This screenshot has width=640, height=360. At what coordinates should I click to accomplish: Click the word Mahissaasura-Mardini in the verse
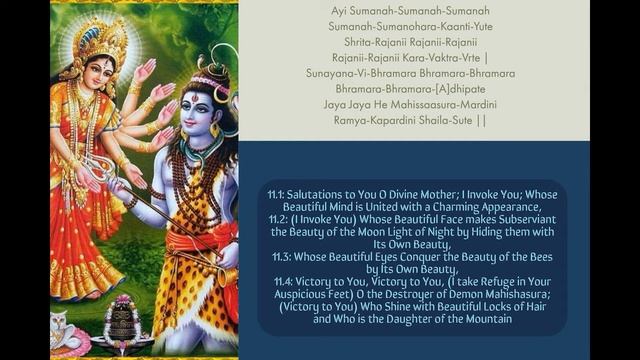click(x=440, y=104)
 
